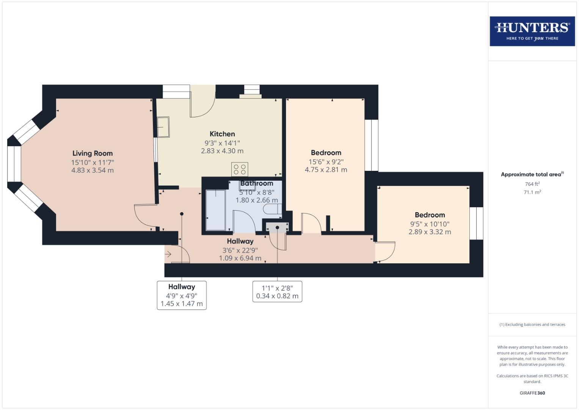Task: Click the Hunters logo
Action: click(532, 31)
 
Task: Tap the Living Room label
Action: click(93, 153)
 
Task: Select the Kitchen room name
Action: click(222, 134)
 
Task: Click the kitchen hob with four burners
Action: click(240, 169)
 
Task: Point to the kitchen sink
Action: click(163, 127)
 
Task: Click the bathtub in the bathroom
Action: click(215, 210)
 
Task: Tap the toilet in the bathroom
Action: click(273, 209)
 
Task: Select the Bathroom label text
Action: click(257, 183)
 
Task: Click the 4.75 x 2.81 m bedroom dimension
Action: click(326, 170)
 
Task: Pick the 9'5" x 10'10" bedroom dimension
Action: click(430, 224)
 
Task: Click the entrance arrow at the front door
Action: click(168, 254)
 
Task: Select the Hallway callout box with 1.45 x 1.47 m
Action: click(182, 295)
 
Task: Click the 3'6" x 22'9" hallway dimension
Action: click(240, 250)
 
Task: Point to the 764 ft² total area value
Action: click(532, 184)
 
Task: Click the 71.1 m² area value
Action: click(532, 192)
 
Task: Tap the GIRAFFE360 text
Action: click(532, 393)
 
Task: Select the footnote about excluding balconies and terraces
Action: click(532, 325)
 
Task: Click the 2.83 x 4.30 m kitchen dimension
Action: click(222, 151)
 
